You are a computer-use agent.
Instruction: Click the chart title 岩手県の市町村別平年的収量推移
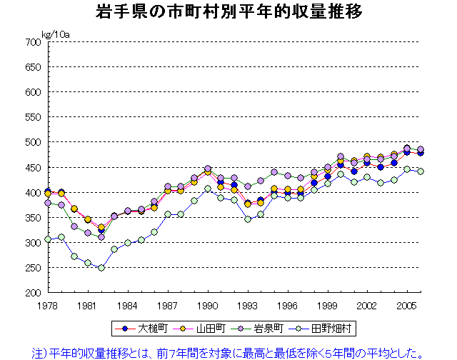point(228,12)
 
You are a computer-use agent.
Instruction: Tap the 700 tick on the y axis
point(34,42)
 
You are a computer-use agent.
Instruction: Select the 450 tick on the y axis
point(34,167)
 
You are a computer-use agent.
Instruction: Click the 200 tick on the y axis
point(34,293)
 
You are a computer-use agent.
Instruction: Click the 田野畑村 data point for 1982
point(101,268)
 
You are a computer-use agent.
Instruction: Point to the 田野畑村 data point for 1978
point(48,239)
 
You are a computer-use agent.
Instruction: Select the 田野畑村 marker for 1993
point(247,219)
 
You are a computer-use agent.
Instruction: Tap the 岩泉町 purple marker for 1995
point(273,172)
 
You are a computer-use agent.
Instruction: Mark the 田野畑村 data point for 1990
point(207,189)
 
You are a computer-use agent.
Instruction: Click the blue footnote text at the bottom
point(228,351)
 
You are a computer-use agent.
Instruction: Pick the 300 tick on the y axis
point(34,243)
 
